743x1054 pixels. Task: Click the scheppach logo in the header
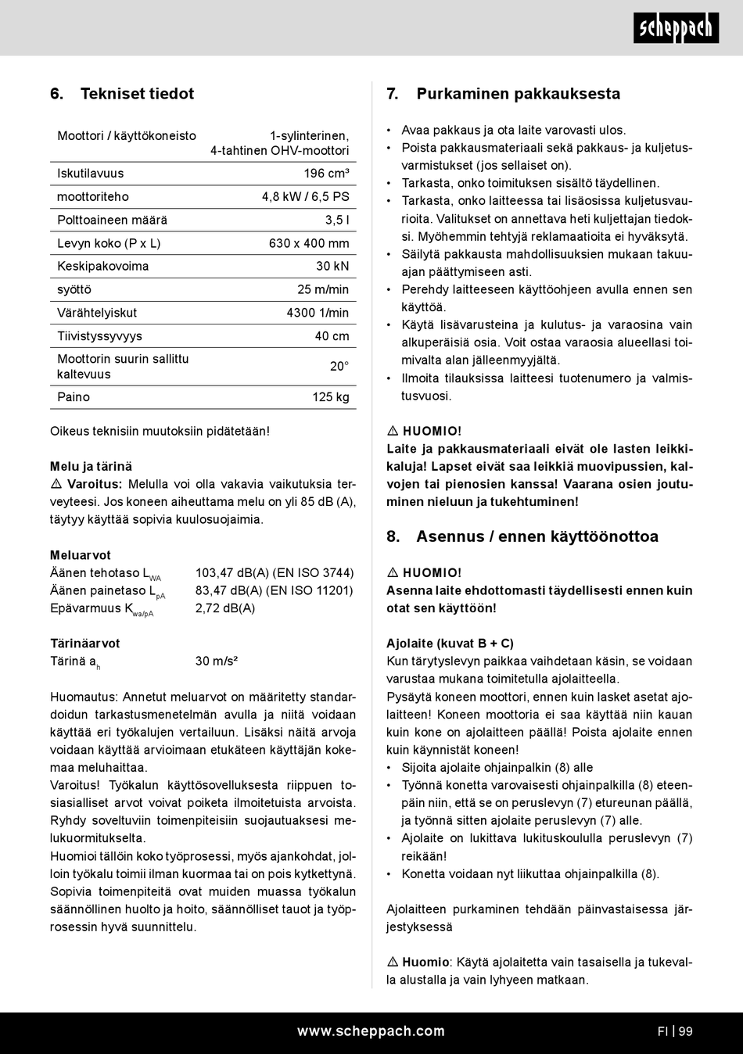click(x=676, y=28)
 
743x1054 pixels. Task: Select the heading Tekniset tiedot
click(x=137, y=94)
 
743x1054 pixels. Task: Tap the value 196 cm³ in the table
click(x=326, y=174)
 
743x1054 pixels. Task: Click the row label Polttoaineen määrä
click(x=112, y=220)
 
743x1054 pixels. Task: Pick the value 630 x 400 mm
click(x=309, y=243)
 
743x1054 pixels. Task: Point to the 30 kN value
click(x=332, y=267)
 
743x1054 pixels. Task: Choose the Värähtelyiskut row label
click(x=97, y=313)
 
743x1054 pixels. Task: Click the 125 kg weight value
click(x=331, y=397)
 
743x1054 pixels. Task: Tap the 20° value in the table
click(x=339, y=367)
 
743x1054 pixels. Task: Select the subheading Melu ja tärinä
click(x=92, y=467)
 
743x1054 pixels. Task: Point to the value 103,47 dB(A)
click(x=232, y=573)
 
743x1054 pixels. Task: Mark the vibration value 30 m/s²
click(x=217, y=661)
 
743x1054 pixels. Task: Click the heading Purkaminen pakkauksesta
click(x=518, y=94)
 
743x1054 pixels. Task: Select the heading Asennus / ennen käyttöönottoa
click(x=537, y=536)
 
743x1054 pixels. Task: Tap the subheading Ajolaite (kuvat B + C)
click(x=450, y=644)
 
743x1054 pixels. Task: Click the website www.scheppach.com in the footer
click(x=371, y=1031)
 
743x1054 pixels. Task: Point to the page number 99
click(x=685, y=1031)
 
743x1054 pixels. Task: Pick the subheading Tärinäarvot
click(x=85, y=644)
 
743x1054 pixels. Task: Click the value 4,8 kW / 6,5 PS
click(x=305, y=197)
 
